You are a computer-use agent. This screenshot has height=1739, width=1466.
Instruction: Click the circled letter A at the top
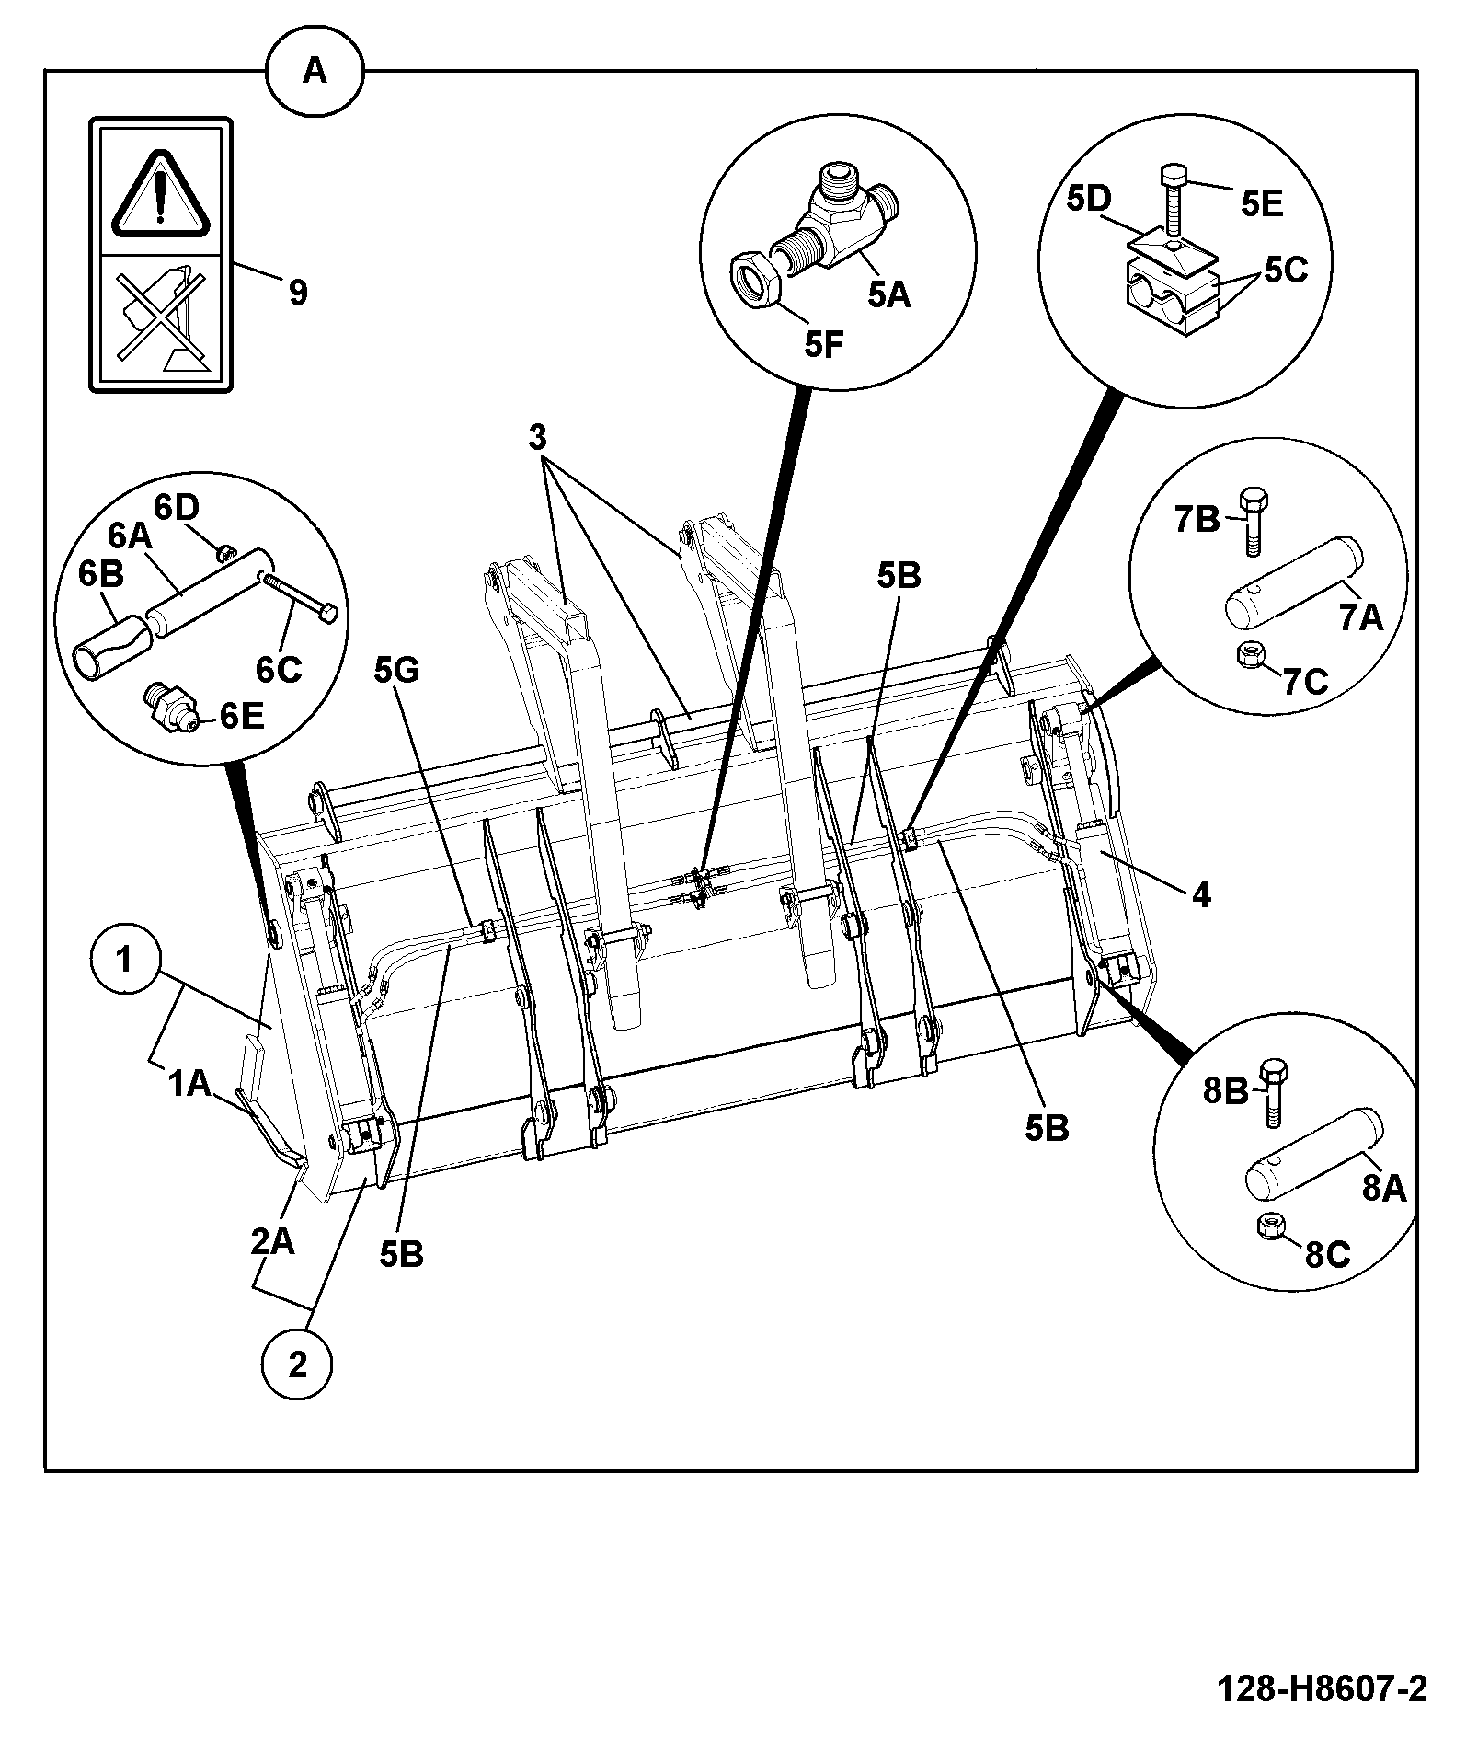tap(315, 70)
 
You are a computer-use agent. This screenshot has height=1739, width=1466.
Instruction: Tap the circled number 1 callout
tap(125, 962)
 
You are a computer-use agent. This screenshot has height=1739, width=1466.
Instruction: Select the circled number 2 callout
tap(297, 1365)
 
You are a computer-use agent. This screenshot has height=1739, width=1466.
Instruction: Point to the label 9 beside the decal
tap(297, 294)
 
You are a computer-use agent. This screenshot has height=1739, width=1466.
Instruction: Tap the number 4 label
tap(1201, 893)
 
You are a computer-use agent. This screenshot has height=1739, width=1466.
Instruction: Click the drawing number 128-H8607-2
tap(1323, 1689)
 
